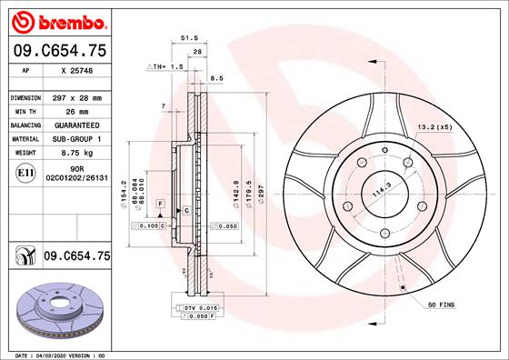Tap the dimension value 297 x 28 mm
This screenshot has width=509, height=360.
[x=76, y=96]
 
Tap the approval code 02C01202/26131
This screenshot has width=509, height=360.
[x=76, y=179]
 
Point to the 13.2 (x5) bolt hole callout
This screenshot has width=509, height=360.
[x=434, y=128]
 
